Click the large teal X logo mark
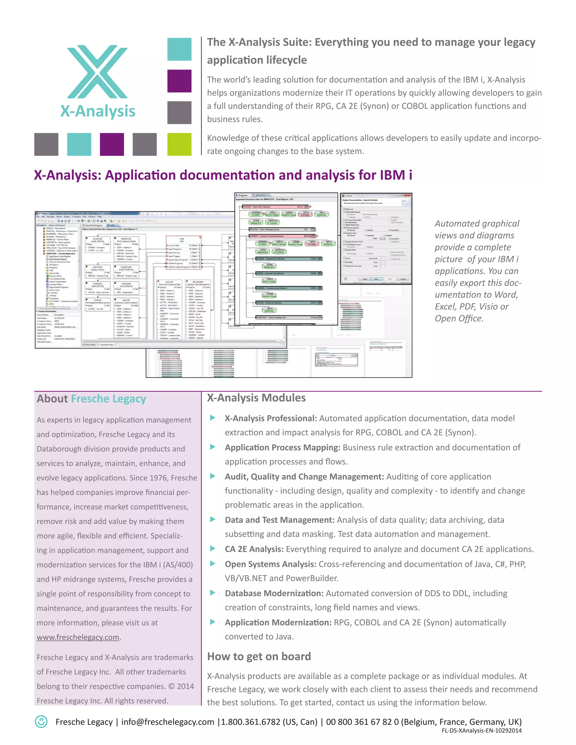pos(97,72)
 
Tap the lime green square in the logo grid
pos(179,144)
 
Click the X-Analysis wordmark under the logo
pos(98,111)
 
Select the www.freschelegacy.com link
pos(78,637)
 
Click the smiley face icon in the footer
pos(41,721)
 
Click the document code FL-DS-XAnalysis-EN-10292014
pos(481,730)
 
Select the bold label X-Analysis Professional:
pos(271,418)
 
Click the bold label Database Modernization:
pos(274,593)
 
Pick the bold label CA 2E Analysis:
pos(254,549)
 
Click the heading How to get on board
pos(259,656)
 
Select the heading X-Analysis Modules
pos(256,398)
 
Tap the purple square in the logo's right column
pos(179,81)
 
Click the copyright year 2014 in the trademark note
pos(185,686)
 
